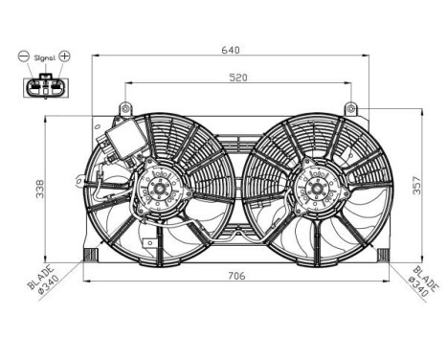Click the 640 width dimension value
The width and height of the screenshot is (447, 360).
[230, 49]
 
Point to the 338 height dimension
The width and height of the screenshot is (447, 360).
[40, 189]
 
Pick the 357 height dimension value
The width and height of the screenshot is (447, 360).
[415, 185]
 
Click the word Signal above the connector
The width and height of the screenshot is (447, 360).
[45, 58]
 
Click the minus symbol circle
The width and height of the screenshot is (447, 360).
[23, 56]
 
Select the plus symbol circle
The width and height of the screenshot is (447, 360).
[65, 56]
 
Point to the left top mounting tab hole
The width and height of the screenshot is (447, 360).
[124, 106]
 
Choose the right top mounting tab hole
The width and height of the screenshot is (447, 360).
[350, 106]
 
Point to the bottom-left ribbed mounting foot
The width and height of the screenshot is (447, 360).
[91, 255]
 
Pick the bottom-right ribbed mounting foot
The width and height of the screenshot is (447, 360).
[384, 255]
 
